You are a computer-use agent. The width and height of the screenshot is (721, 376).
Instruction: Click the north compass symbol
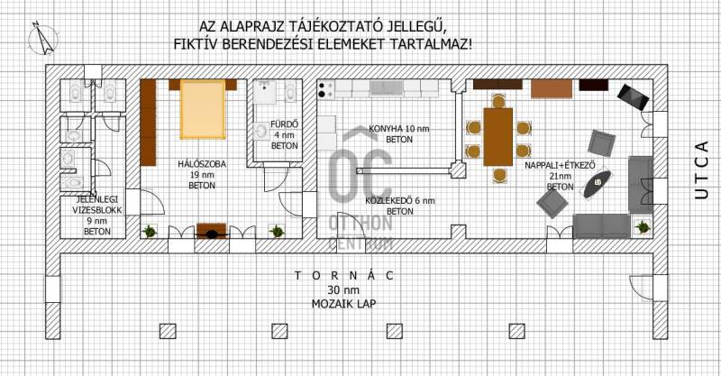pos(42,39)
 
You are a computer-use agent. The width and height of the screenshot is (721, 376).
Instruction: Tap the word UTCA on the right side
pos(702,170)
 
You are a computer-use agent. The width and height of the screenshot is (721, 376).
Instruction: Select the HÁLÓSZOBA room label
pos(202,164)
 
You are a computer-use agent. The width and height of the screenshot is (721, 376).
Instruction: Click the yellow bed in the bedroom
pos(203,109)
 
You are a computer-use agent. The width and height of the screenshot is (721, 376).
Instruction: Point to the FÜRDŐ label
pos(284,124)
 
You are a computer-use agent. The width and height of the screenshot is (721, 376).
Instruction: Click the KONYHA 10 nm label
pos(398,129)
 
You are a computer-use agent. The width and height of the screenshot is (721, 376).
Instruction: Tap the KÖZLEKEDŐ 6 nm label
pos(400,201)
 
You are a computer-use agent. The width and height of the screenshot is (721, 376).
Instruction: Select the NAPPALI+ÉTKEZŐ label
pos(560,165)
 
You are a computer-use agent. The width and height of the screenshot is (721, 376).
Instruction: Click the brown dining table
pos(498,137)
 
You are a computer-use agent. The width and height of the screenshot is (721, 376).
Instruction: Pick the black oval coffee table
pos(598,184)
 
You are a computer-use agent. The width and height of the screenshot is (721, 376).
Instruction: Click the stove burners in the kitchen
pos(326,89)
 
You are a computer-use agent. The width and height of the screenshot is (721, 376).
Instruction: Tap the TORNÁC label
pos(344,276)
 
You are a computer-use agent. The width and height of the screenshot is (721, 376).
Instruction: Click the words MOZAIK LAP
pos(343,304)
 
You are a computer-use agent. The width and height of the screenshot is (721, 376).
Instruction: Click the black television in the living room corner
pos(634,97)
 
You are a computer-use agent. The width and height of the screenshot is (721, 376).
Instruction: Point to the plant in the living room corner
pos(642,226)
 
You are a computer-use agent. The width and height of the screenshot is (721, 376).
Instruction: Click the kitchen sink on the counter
pos(387,88)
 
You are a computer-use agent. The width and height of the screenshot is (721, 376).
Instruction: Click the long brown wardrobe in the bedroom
pos(148,123)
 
